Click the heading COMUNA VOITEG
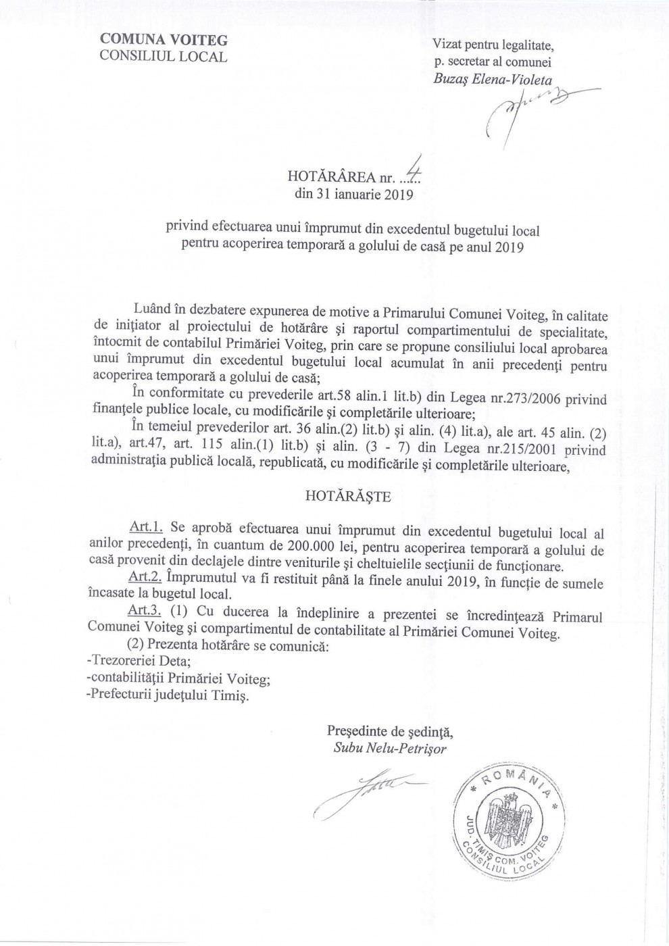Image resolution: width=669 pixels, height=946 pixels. [163, 40]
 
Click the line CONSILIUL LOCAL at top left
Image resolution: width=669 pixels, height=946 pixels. [163, 56]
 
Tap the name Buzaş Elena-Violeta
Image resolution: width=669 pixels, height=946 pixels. [493, 79]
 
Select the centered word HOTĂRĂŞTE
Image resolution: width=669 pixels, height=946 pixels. [348, 496]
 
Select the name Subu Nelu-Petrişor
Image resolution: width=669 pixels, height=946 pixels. [390, 749]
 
